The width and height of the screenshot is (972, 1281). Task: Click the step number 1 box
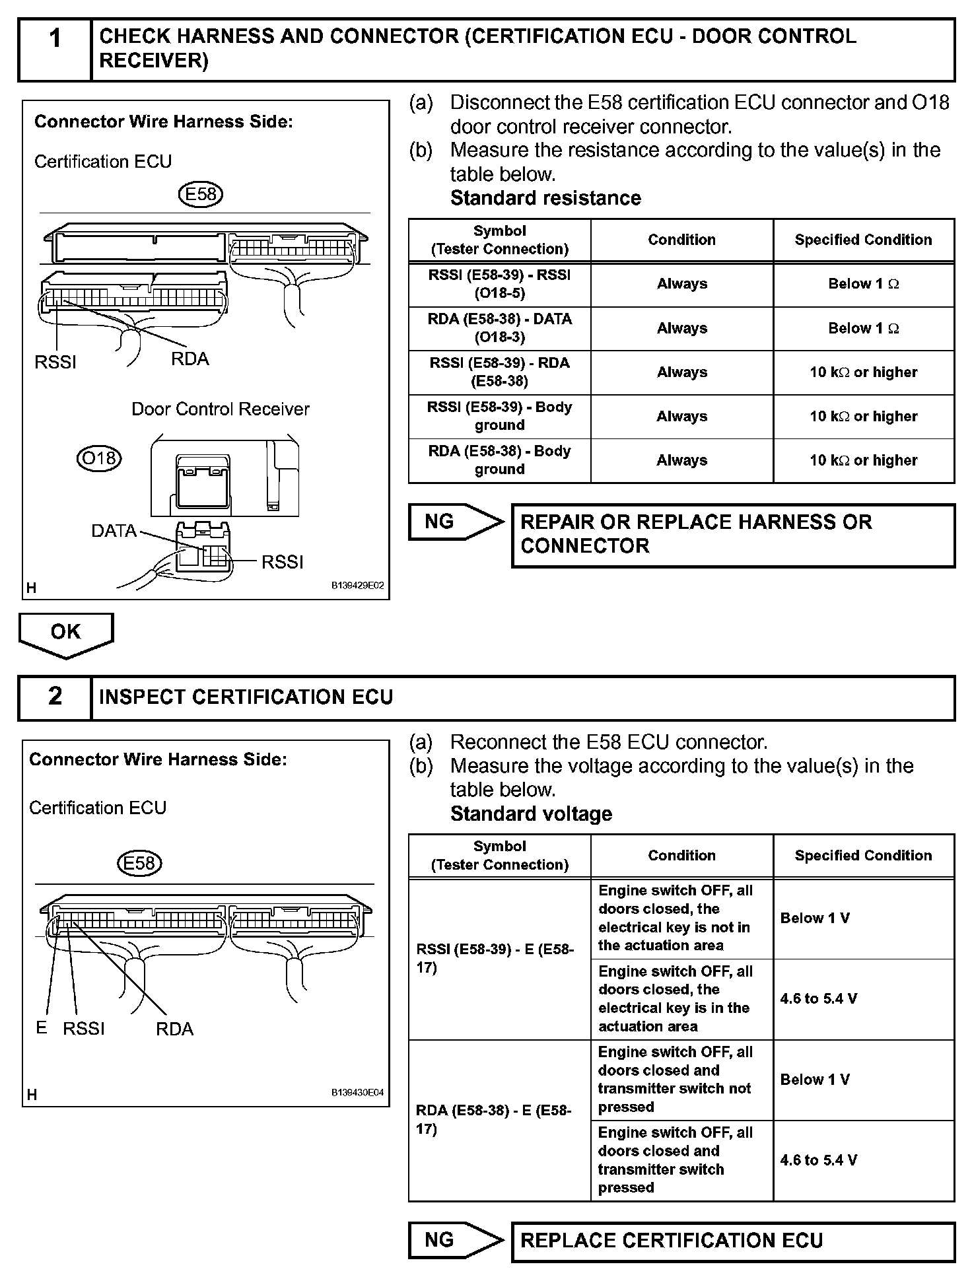tap(55, 50)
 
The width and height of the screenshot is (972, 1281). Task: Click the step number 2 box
tap(55, 697)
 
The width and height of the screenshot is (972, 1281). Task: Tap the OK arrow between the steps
tap(66, 634)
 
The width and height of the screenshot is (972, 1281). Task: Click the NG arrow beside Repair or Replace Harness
tap(454, 522)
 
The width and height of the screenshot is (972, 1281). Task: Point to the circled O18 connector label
tap(99, 458)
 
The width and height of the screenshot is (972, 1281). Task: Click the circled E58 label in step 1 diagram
tap(201, 194)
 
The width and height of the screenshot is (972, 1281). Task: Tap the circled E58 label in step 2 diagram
tap(139, 864)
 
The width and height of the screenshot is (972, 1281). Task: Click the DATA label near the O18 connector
tap(114, 531)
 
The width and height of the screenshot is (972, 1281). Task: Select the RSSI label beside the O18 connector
tap(283, 562)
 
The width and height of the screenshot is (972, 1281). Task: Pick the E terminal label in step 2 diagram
tap(42, 1027)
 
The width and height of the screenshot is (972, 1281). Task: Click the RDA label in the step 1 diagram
tap(190, 359)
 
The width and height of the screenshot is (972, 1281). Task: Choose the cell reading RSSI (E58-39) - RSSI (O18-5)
tap(499, 284)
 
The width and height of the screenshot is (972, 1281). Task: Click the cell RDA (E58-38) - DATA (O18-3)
tap(499, 328)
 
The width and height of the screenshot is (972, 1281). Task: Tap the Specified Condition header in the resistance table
tap(863, 240)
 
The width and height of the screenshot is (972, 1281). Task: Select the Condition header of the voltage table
tap(681, 856)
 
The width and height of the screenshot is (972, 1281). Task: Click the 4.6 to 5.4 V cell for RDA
tap(819, 1160)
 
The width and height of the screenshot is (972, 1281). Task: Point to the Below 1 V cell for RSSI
tap(815, 918)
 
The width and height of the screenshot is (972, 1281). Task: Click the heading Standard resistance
tap(545, 198)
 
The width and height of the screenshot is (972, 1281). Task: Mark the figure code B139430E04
tap(357, 1093)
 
